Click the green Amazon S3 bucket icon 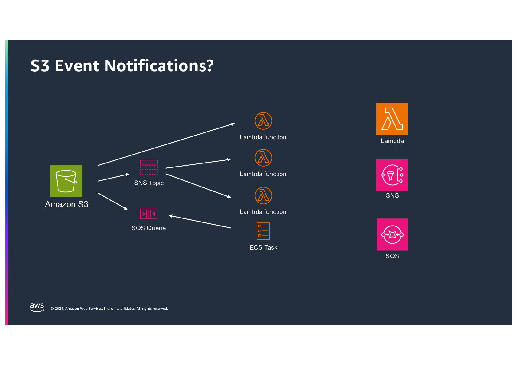(x=66, y=181)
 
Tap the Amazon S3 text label (x=66, y=204)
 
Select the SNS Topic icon (x=149, y=167)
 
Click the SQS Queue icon (x=149, y=214)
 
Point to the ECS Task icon (x=263, y=231)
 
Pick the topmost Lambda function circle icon (x=263, y=121)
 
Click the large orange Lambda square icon (x=392, y=119)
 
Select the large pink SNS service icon (x=392, y=175)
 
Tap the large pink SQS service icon (x=392, y=234)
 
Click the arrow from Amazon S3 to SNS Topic (x=113, y=178)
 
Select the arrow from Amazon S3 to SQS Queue (x=112, y=201)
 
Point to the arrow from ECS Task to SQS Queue (x=200, y=222)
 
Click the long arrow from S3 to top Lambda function (x=166, y=144)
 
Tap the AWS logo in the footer (x=37, y=307)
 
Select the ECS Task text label (x=264, y=247)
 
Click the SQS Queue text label (x=149, y=228)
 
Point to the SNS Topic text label (x=149, y=183)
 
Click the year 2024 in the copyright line (x=59, y=309)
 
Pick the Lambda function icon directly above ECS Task (x=263, y=195)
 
